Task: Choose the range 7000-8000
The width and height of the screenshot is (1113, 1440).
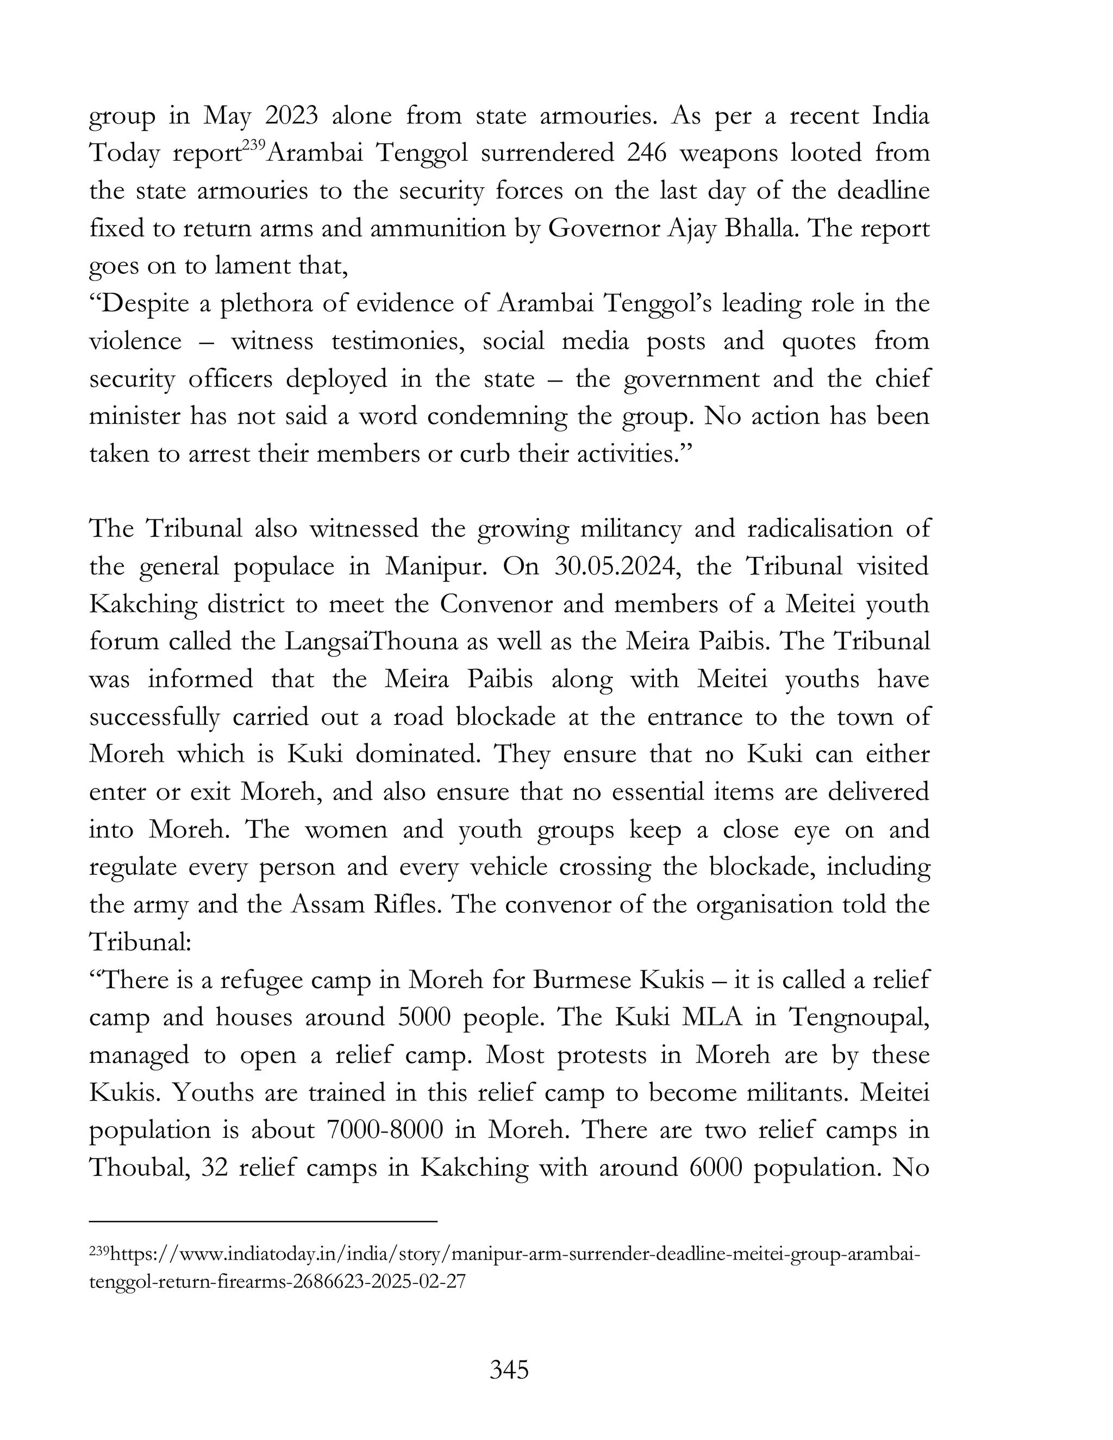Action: click(x=384, y=1130)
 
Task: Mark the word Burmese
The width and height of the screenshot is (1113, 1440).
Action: click(x=580, y=980)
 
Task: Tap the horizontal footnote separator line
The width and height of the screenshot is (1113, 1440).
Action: click(x=263, y=1222)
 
